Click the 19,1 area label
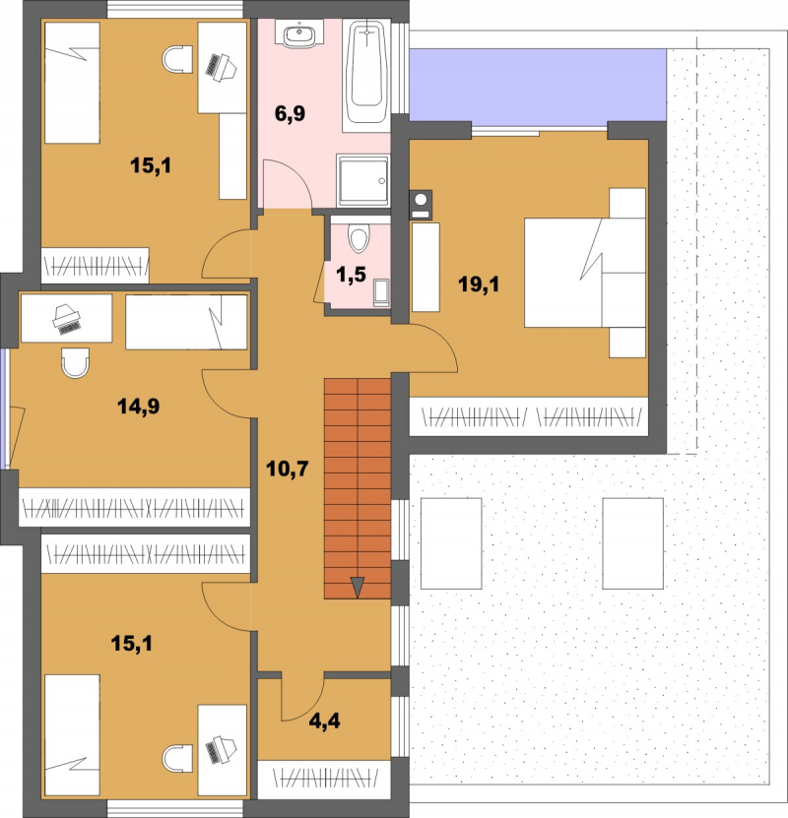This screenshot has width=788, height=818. tap(479, 284)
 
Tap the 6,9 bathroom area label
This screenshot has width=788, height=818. tap(291, 113)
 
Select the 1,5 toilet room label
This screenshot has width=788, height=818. tap(352, 275)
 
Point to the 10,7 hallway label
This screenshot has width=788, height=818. tap(287, 469)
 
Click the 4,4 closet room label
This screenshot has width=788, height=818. tap(325, 721)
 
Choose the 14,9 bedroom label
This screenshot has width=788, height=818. tap(138, 406)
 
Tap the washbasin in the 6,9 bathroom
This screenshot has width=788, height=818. tap(299, 34)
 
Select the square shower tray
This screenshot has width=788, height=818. tap(363, 180)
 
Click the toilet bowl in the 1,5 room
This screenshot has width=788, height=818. tap(359, 238)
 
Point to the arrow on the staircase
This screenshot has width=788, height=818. tap(358, 587)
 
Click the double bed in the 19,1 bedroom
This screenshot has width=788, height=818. tap(585, 273)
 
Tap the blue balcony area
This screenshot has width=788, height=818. tap(538, 85)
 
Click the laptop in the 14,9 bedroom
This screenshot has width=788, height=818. tap(67, 319)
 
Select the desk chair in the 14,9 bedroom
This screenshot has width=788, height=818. tap(75, 362)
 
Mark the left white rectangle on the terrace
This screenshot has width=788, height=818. tap(451, 543)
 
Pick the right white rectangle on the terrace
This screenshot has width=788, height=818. tap(633, 543)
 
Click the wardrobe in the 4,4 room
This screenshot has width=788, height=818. tap(324, 780)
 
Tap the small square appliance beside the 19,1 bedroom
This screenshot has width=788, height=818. tap(421, 204)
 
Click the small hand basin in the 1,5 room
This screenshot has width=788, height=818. tap(381, 292)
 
